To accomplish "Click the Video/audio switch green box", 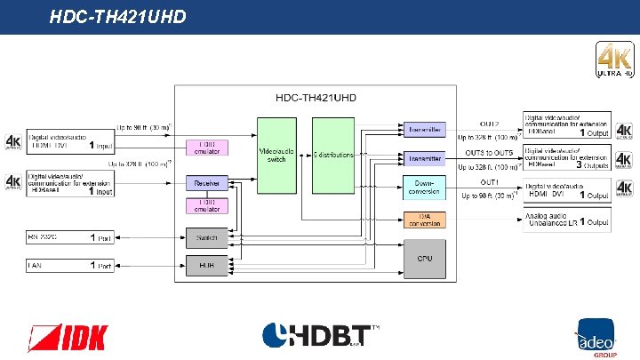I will click(276, 155).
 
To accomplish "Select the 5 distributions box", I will click(333, 155).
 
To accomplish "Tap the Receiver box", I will click(207, 183).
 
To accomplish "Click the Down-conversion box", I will click(424, 188).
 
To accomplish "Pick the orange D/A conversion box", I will click(424, 220).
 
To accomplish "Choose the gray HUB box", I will click(207, 264).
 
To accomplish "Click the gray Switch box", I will click(207, 237).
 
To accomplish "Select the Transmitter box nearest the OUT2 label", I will click(424, 130).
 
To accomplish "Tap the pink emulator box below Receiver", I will click(207, 206).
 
